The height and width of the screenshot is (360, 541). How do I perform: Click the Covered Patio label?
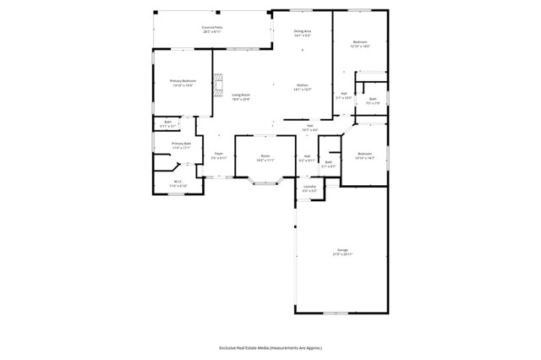point(212,28)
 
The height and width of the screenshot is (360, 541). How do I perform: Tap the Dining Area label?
point(303,32)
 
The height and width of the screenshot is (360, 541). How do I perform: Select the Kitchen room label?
point(302,85)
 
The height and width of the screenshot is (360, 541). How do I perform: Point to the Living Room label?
point(242,95)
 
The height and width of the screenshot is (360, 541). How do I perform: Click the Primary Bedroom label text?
point(183,81)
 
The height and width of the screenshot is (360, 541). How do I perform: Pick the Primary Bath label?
point(181,144)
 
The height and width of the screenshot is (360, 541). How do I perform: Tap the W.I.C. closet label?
point(178,181)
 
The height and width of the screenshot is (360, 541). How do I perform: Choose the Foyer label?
point(218,154)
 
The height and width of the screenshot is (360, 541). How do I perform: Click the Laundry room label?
point(309,187)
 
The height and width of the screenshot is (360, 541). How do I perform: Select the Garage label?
point(342,249)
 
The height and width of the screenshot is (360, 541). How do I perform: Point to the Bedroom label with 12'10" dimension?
point(360,42)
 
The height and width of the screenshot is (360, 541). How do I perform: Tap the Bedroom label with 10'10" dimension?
point(364,153)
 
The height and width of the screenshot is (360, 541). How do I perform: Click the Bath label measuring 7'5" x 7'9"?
point(373,99)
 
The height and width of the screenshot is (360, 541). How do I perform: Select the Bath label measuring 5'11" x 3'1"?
point(168,123)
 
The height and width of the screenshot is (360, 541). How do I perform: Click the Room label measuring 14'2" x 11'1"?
point(265,155)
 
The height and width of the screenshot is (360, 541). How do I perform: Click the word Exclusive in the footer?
point(228,347)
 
